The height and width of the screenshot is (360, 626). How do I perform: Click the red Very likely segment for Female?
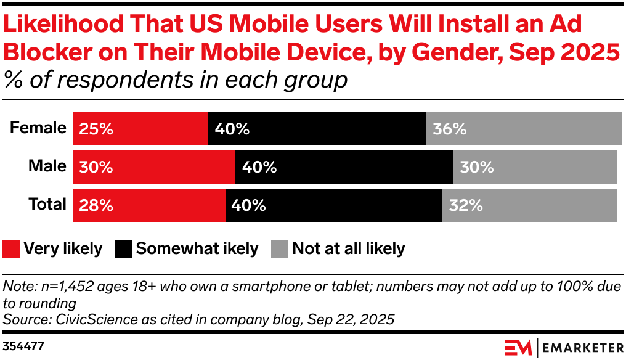click(140, 129)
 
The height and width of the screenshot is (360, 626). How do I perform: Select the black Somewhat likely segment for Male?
click(344, 167)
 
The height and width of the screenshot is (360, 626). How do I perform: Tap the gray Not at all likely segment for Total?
click(530, 205)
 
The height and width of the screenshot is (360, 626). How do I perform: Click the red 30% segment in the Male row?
click(154, 167)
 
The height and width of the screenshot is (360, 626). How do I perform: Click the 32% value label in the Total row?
click(466, 205)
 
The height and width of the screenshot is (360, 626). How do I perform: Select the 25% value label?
click(96, 129)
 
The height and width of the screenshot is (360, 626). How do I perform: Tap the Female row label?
click(38, 128)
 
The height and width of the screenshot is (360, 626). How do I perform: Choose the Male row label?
click(47, 166)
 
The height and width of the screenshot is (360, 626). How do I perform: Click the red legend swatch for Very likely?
click(11, 249)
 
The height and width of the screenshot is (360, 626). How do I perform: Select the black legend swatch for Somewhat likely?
click(124, 249)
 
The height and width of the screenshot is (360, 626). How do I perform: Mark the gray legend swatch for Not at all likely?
click(280, 249)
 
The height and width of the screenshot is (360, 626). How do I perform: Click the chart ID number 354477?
click(23, 346)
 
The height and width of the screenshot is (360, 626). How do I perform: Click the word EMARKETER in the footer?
click(582, 348)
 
